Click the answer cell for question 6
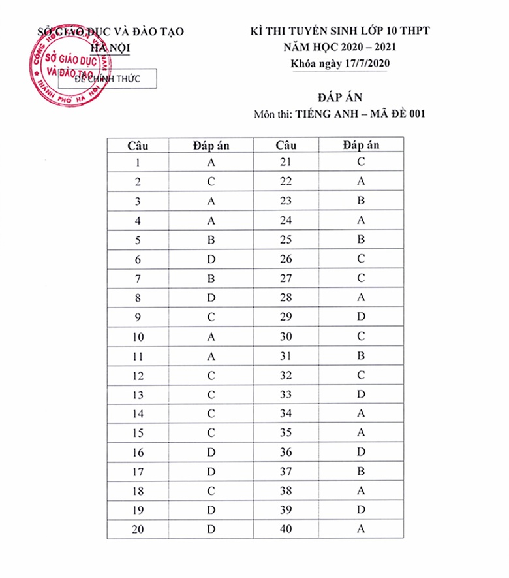pyautogui.click(x=211, y=259)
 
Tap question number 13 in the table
pyautogui.click(x=138, y=396)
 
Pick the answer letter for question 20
pyautogui.click(x=211, y=530)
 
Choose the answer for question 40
pyautogui.click(x=361, y=530)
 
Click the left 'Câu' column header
pyautogui.click(x=138, y=145)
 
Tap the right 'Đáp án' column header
pyautogui.click(x=361, y=145)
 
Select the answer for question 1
pyautogui.click(x=211, y=163)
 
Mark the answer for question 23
pyautogui.click(x=361, y=201)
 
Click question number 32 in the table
pyautogui.click(x=285, y=376)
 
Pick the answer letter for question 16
pyautogui.click(x=211, y=453)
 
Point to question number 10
pyautogui.click(x=138, y=337)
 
